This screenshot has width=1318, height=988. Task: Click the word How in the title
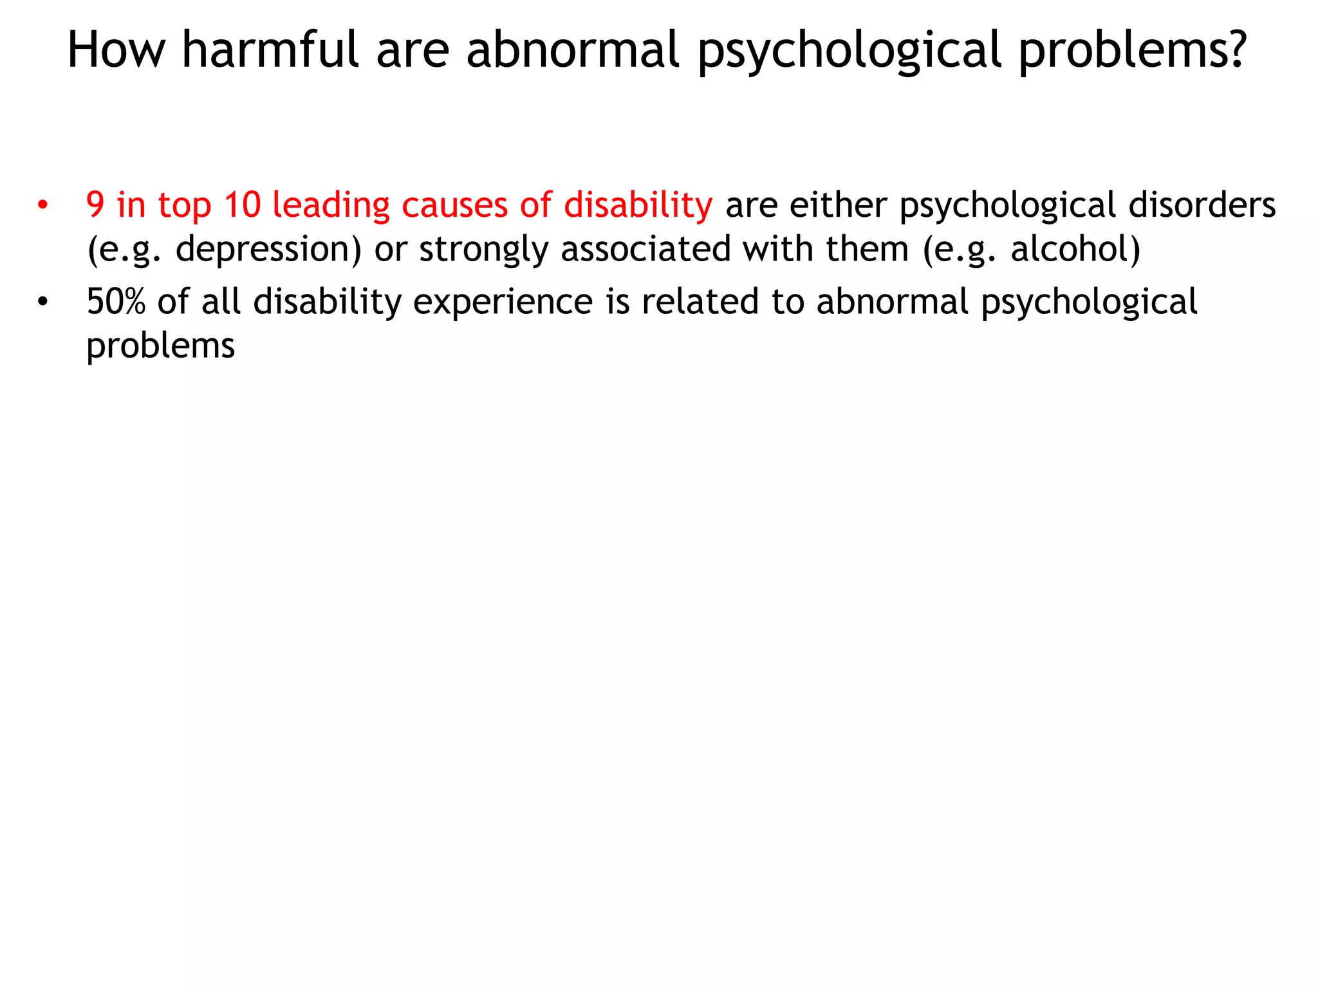(116, 50)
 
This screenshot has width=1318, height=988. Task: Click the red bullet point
(42, 206)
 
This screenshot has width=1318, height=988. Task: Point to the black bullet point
(42, 302)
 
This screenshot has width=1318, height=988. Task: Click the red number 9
(95, 205)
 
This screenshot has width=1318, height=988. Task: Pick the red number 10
(243, 205)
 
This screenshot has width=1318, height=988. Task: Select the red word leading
(331, 206)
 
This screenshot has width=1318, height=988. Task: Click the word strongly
(483, 250)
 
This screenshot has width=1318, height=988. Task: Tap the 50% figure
(116, 302)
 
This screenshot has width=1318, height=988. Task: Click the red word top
(185, 206)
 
